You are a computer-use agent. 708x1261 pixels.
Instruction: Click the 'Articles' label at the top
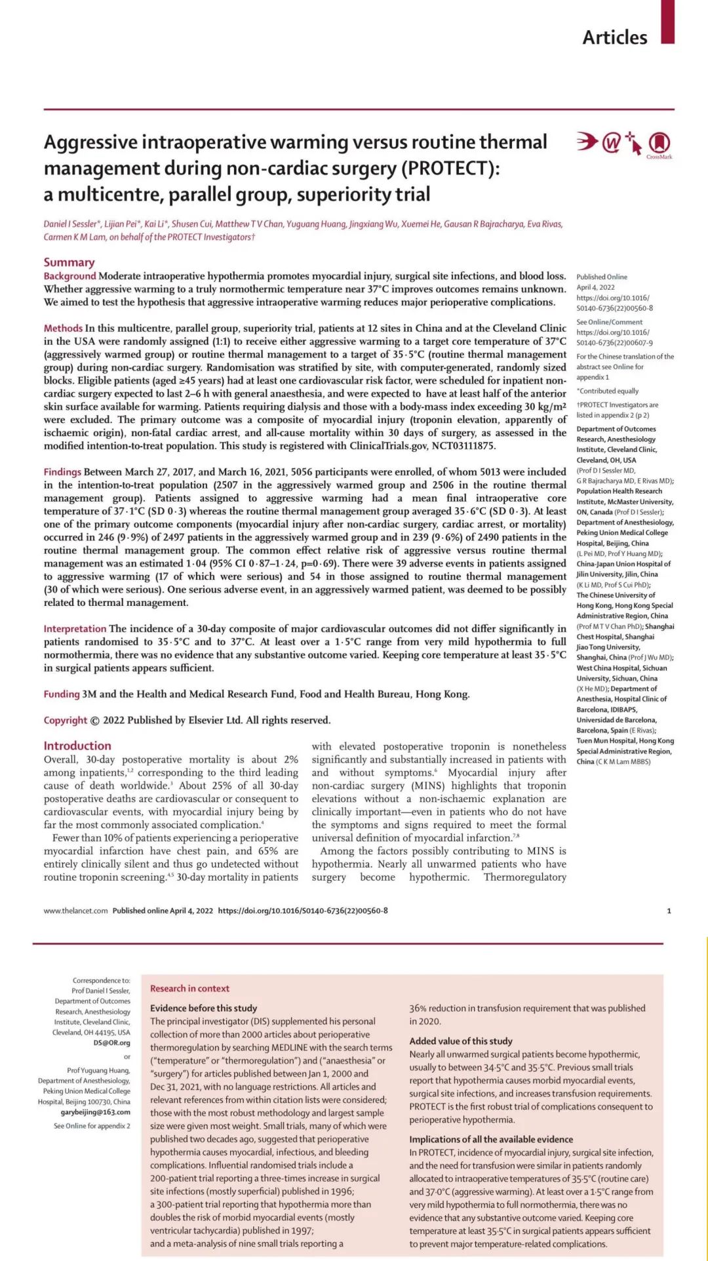tap(614, 37)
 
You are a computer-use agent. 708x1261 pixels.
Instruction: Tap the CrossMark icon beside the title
tap(659, 144)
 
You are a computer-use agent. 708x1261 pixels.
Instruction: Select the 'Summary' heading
tap(69, 262)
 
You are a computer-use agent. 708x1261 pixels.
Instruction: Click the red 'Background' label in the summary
tap(69, 276)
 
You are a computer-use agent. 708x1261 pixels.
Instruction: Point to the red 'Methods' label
tap(63, 328)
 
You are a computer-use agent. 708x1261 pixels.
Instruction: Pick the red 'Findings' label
tap(62, 471)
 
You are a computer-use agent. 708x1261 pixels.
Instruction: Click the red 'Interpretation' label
tap(75, 628)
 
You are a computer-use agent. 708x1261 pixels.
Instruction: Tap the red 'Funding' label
tap(62, 694)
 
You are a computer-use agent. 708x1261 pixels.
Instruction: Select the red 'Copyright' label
tap(65, 720)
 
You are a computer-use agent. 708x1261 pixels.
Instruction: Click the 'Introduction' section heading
tap(77, 746)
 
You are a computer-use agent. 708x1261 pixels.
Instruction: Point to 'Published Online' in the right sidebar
tap(601, 277)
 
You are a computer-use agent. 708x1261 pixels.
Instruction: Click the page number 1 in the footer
tap(669, 911)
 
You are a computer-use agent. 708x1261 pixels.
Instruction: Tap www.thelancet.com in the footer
tap(75, 911)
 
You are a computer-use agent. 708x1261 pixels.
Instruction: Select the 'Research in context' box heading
tap(189, 988)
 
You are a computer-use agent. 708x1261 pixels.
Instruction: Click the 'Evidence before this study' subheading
tap(203, 1008)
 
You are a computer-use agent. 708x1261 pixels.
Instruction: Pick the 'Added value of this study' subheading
tap(460, 1041)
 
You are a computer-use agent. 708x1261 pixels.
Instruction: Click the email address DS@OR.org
tap(111, 1043)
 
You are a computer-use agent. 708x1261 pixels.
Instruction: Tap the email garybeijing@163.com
tap(96, 1112)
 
